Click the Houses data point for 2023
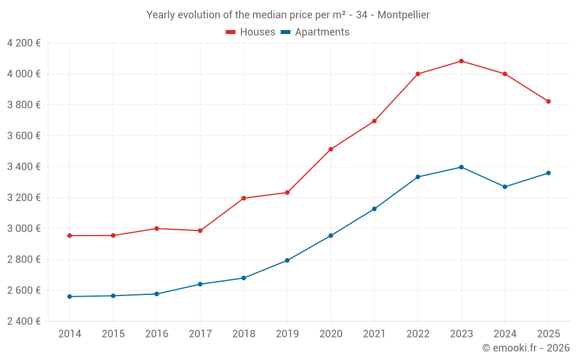click(461, 61)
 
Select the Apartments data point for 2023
click(461, 167)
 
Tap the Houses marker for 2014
click(70, 236)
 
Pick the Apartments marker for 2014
click(70, 297)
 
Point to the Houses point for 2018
click(244, 198)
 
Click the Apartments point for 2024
click(505, 187)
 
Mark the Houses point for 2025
click(548, 101)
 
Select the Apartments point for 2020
click(331, 236)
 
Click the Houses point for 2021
click(374, 121)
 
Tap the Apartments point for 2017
click(200, 284)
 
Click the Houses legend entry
click(251, 32)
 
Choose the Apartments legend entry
click(315, 32)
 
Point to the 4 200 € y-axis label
click(24, 43)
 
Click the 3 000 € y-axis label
click(24, 229)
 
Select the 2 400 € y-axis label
click(24, 321)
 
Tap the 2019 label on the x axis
click(287, 334)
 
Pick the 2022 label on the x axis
click(418, 334)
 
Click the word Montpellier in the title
click(403, 15)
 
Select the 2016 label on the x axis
click(157, 334)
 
